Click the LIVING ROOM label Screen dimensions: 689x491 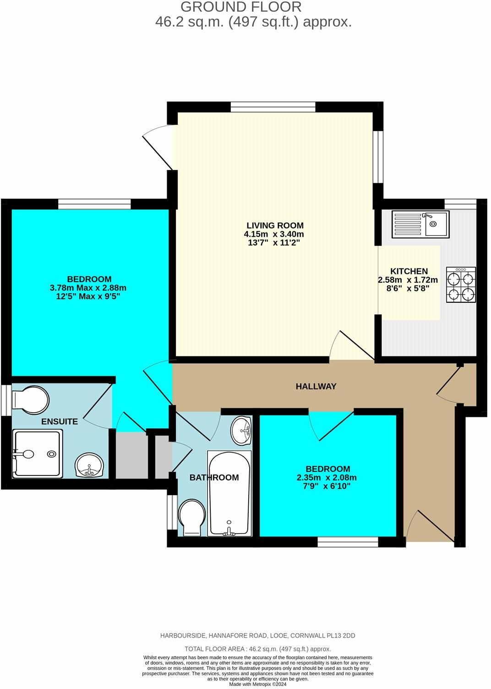pyautogui.click(x=275, y=225)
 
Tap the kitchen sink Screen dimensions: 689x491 pyautogui.click(x=420, y=224)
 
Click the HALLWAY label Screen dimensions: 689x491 pyautogui.click(x=316, y=387)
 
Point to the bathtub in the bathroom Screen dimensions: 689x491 pyautogui.click(x=229, y=493)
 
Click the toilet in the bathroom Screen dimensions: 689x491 pyautogui.click(x=192, y=517)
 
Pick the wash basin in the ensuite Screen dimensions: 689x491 pyautogui.click(x=90, y=465)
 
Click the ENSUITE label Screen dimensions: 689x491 pyautogui.click(x=60, y=422)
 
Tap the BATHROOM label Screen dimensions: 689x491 pyautogui.click(x=214, y=477)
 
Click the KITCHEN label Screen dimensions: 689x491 pyautogui.click(x=409, y=271)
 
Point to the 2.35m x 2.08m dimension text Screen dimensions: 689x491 pyautogui.click(x=327, y=477)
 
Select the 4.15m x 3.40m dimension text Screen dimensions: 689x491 pyautogui.click(x=274, y=234)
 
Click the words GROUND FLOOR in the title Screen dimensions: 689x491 pyautogui.click(x=241, y=7)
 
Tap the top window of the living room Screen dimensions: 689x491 pyautogui.click(x=273, y=107)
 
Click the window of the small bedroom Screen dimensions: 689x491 pyautogui.click(x=348, y=542)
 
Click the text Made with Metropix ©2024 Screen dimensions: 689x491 pyautogui.click(x=258, y=684)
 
